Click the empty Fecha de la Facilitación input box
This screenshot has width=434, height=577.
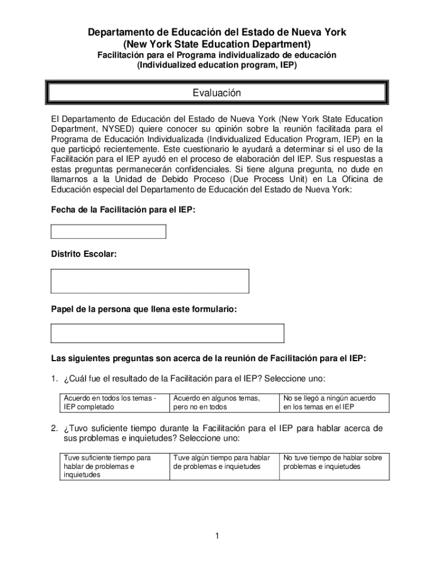[109, 232]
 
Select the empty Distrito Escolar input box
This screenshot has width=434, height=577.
[150, 281]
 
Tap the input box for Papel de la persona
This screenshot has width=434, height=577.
[167, 333]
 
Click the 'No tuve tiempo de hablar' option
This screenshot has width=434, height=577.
[334, 462]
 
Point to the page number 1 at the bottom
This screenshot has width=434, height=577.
[217, 536]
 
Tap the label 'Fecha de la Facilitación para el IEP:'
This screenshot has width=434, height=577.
[123, 210]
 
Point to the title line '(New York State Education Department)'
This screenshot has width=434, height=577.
[217, 44]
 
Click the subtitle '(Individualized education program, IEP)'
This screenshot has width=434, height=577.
[217, 65]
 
